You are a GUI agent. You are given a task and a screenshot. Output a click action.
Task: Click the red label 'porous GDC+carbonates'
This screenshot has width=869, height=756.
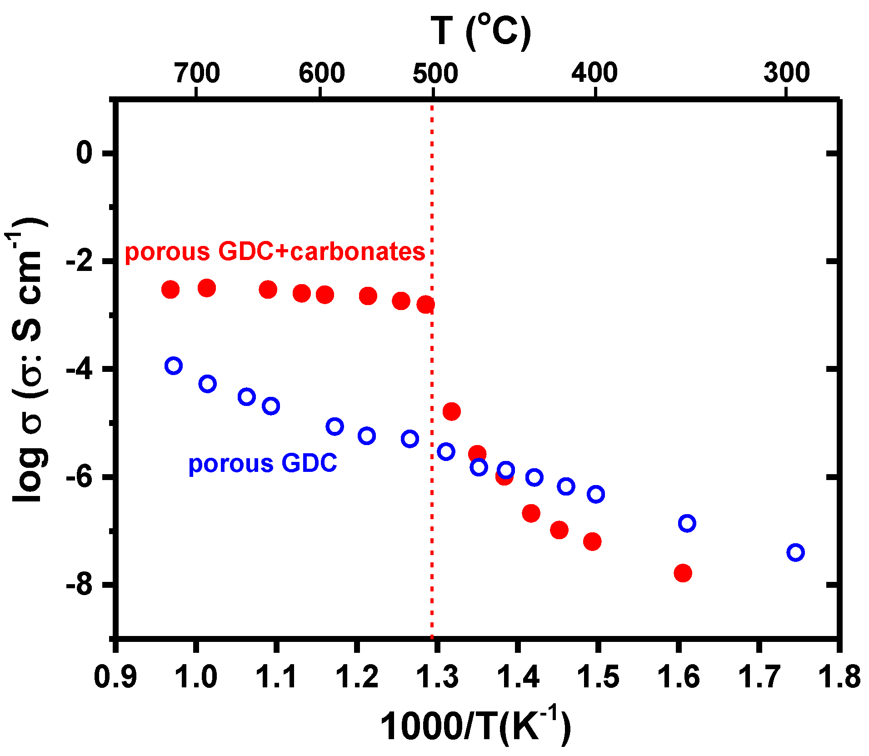275,251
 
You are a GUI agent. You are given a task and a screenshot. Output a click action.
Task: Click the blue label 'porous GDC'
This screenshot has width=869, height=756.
263,463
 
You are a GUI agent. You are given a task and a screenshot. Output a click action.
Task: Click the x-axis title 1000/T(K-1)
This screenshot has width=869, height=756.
475,726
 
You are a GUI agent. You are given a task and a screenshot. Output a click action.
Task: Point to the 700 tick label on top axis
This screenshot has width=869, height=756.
197,73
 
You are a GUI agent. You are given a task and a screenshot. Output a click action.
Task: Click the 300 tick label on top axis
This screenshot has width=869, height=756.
786,73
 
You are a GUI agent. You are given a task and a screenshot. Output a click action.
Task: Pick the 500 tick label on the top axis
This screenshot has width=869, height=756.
435,73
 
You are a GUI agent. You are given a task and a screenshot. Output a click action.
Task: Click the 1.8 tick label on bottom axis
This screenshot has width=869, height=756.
839,676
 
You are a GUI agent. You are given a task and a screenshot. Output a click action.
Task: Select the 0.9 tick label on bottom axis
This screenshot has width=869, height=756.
115,676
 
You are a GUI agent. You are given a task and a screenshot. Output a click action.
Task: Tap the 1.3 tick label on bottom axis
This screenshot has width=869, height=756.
437,676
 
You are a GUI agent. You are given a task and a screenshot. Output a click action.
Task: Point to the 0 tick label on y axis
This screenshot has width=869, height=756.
85,153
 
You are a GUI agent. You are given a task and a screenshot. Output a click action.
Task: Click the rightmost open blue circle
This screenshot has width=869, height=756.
795,552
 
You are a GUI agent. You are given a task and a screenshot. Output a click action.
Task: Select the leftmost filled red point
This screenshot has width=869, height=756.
170,289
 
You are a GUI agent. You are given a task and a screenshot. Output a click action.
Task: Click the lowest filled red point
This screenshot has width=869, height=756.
683,573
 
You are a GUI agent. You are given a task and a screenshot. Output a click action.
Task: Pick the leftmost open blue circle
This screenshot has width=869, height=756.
174,365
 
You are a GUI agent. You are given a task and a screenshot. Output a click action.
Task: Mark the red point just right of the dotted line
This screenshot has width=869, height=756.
451,411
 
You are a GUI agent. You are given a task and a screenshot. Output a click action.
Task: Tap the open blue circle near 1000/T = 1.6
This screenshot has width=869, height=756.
687,523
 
